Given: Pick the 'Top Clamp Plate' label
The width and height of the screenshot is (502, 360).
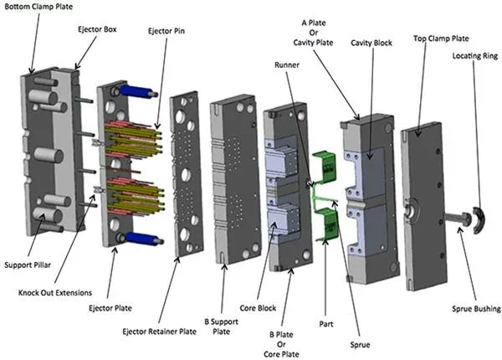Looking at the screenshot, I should point(440,39).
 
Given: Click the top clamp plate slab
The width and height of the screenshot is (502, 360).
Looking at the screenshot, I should point(423,202).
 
